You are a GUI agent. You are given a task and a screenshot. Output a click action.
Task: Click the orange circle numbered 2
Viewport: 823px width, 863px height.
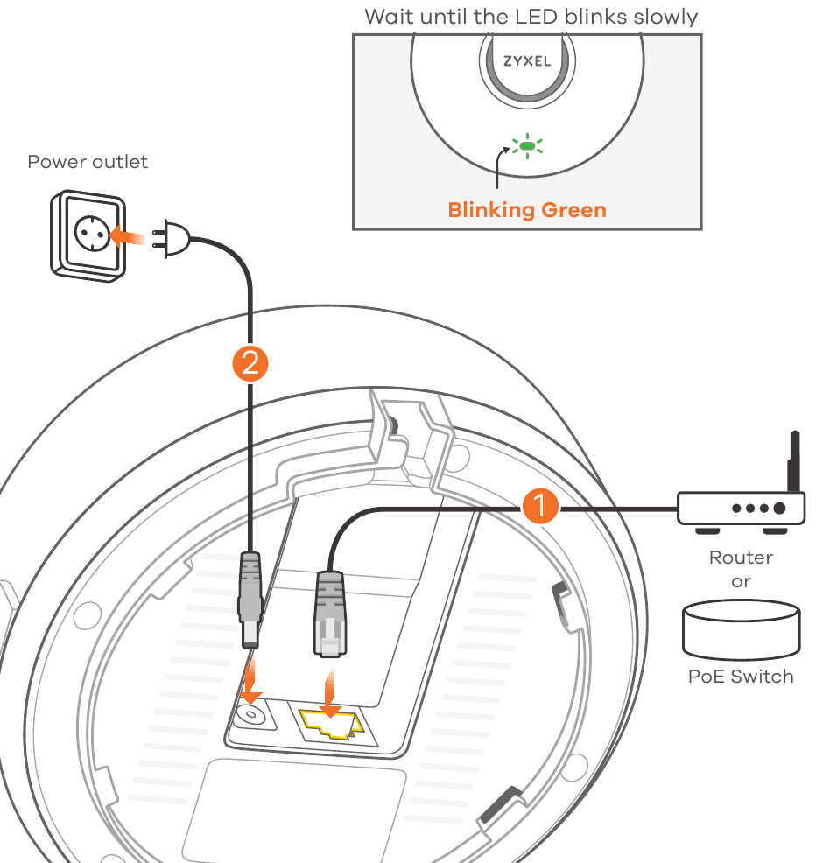tap(250, 363)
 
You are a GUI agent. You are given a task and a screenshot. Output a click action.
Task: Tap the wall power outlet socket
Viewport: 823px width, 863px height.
tap(88, 236)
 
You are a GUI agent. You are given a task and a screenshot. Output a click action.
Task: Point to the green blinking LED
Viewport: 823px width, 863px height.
tap(527, 146)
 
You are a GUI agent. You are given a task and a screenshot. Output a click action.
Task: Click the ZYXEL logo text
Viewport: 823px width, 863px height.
tap(527, 60)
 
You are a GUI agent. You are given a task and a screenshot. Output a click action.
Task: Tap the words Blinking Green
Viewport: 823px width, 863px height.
tap(527, 210)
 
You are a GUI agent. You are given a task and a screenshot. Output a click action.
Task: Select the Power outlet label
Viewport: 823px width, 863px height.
tap(88, 162)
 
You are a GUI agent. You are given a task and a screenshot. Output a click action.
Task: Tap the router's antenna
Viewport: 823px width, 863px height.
tap(794, 461)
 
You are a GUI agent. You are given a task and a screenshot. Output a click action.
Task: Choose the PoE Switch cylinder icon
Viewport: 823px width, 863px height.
tap(741, 629)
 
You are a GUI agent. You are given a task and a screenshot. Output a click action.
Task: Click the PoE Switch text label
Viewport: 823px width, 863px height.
tap(741, 677)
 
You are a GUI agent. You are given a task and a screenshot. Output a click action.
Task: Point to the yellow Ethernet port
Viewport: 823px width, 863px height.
tap(332, 724)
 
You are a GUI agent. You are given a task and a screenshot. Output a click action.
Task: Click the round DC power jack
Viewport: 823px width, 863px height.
tap(250, 715)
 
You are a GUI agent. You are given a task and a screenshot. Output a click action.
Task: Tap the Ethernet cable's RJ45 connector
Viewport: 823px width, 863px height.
tap(330, 614)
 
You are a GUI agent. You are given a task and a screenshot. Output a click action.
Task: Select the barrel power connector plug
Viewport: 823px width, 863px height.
tap(250, 600)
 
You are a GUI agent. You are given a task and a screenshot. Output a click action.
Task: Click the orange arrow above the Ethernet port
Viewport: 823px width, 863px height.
tap(330, 693)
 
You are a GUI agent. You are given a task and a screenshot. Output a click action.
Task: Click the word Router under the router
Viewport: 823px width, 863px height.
tap(741, 558)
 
